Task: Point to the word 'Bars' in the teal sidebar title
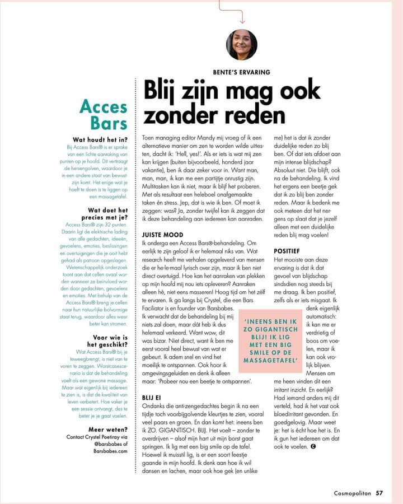click(108, 123)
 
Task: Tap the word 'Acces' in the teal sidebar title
click(104, 106)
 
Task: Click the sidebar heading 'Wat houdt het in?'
click(100, 139)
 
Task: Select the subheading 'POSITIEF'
click(287, 252)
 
